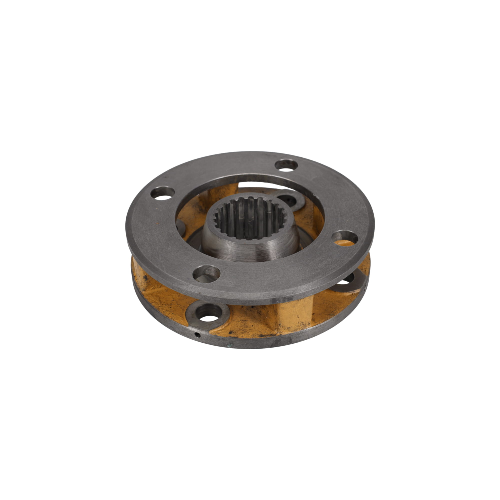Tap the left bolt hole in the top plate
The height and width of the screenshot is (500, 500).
pos(162,194)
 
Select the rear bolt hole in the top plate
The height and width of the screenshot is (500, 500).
pos(286,166)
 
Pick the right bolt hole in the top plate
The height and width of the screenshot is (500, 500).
pos(344,237)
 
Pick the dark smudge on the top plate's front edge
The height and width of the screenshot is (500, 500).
pos(285,299)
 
